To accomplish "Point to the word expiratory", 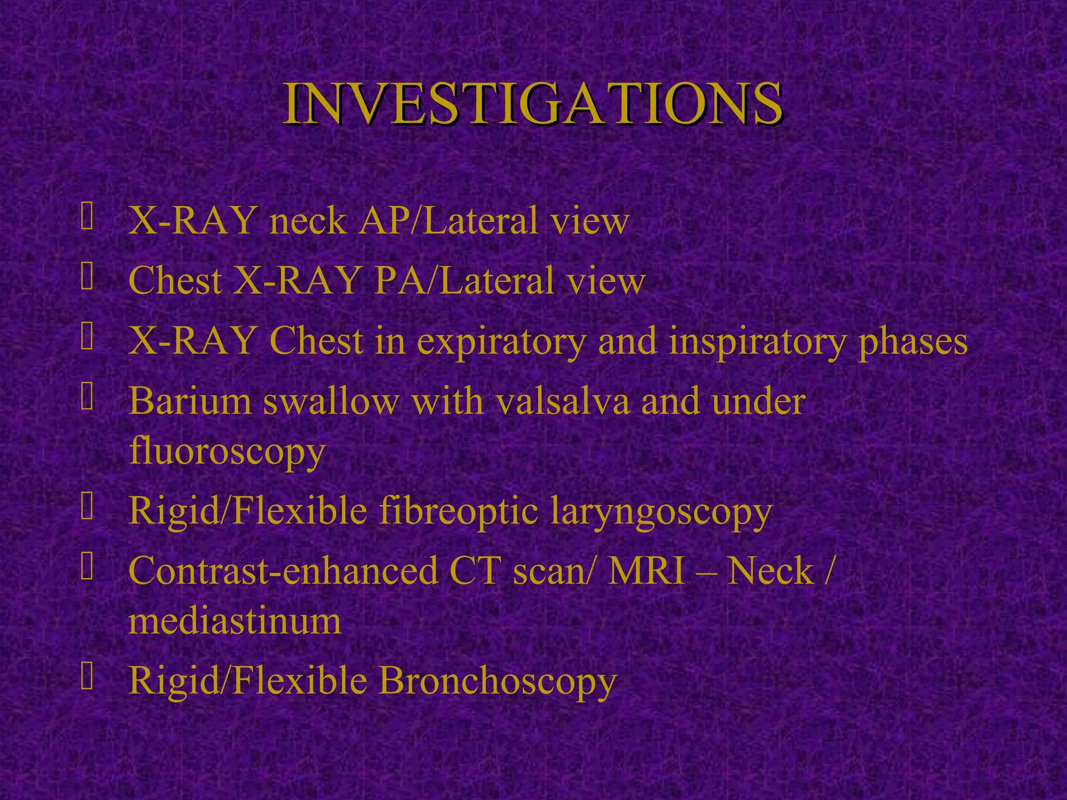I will coord(501,343).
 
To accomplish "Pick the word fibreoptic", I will coord(458,511).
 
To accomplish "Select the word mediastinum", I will coord(235,621).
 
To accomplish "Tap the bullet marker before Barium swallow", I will coord(87,399).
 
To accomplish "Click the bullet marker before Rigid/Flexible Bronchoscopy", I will coord(87,678).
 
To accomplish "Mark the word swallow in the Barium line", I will coord(331,402).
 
